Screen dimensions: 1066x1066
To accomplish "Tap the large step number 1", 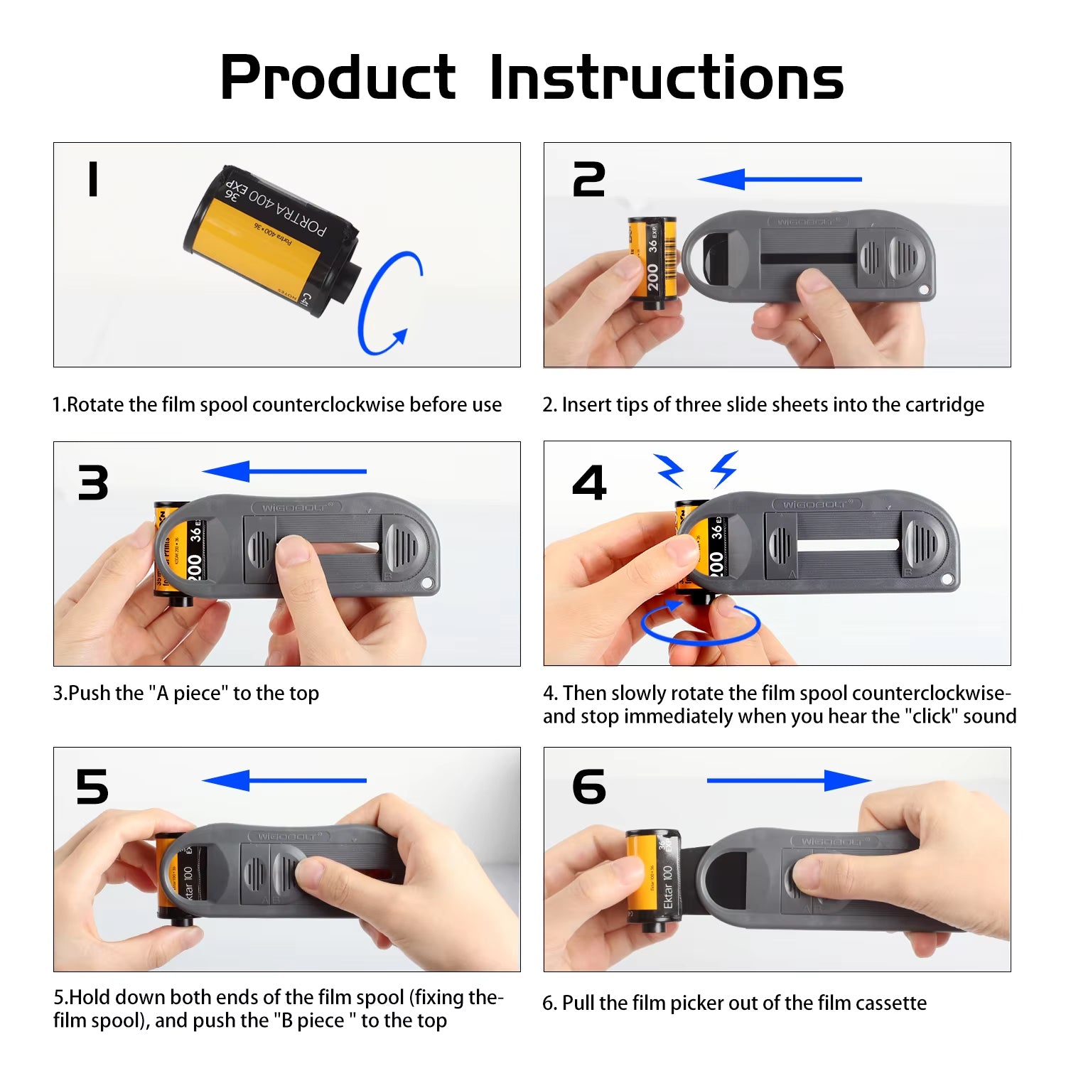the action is pyautogui.click(x=92, y=178).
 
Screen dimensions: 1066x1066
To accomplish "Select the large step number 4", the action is pyautogui.click(x=589, y=483).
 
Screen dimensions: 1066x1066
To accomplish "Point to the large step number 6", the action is pyautogui.click(x=589, y=787).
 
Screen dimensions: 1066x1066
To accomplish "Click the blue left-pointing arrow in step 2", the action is pyautogui.click(x=780, y=179).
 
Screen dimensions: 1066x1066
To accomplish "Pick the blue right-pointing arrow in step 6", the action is pyautogui.click(x=789, y=780).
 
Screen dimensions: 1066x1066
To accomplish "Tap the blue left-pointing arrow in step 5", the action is pyautogui.click(x=284, y=780).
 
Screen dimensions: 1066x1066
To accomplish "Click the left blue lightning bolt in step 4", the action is pyautogui.click(x=669, y=470).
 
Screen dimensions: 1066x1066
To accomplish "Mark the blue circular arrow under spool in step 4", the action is pyautogui.click(x=700, y=623).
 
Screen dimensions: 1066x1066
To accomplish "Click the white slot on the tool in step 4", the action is pyautogui.click(x=848, y=545).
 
